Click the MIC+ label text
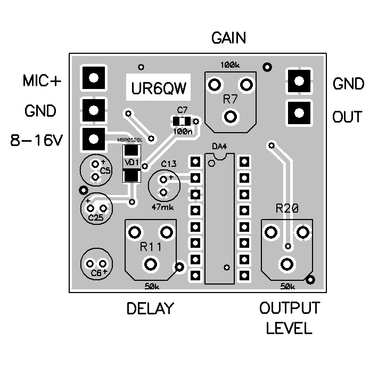(x=42, y=81)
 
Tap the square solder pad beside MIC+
(x=94, y=78)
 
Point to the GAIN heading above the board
(x=229, y=38)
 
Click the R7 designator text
(x=230, y=99)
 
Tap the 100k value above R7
(x=229, y=65)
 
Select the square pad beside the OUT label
(x=299, y=112)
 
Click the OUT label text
(x=347, y=117)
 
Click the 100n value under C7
(x=183, y=131)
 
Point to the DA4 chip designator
(x=218, y=145)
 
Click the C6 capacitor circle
(x=97, y=264)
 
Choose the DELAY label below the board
(x=150, y=309)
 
